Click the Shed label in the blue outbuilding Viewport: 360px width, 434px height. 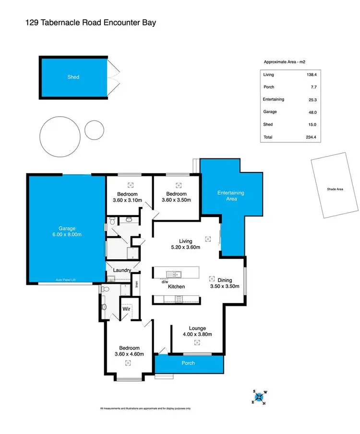pos(73,77)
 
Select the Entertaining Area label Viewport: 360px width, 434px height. pos(231,195)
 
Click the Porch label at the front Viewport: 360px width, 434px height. pos(189,363)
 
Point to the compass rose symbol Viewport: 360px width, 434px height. pos(259,397)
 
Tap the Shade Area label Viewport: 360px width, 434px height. pos(335,190)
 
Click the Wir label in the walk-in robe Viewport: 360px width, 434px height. pos(126,310)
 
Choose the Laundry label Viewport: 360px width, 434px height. pos(122,270)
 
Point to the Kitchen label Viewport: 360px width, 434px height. pos(176,287)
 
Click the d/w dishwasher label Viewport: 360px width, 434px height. pos(165,282)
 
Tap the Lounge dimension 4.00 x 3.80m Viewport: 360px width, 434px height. pos(197,334)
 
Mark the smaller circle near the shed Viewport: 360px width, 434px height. pos(94,129)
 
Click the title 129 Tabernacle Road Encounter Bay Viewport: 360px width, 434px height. pos(90,22)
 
